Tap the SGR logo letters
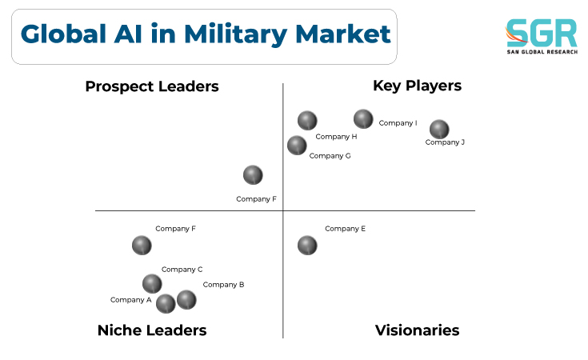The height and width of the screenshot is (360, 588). (541, 33)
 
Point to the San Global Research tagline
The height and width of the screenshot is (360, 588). (542, 52)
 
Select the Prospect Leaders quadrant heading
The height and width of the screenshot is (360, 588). (152, 86)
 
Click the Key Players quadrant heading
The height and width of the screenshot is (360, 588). (417, 86)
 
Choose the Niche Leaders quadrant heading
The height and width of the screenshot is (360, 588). (152, 330)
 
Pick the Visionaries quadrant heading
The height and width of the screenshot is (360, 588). (417, 330)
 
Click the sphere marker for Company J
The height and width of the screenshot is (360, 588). (439, 130)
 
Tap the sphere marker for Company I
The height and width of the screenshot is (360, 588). (363, 119)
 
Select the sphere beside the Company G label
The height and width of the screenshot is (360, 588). (297, 146)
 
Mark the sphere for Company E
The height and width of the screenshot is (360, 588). (307, 246)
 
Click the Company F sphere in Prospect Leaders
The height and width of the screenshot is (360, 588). (253, 175)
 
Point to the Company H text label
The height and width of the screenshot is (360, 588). (336, 137)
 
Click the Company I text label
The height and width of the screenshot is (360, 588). (398, 123)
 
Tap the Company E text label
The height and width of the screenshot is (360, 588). (345, 229)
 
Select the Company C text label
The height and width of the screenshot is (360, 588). (182, 270)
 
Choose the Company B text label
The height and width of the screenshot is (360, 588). (223, 285)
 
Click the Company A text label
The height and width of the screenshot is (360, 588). (131, 300)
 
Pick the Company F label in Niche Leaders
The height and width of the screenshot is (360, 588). (175, 229)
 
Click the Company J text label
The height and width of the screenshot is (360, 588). (445, 142)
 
